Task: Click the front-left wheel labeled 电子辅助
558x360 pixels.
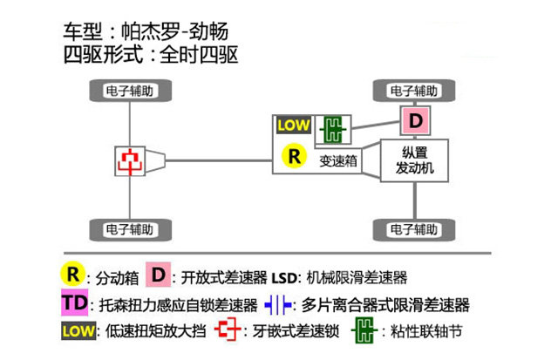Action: [x=131, y=90]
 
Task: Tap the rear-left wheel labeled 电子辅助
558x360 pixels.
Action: [x=131, y=229]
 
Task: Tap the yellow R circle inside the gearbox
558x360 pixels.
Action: [x=295, y=157]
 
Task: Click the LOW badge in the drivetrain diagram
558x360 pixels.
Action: [x=293, y=125]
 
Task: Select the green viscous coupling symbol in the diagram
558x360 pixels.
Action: [x=331, y=130]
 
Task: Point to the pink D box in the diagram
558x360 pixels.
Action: [x=416, y=120]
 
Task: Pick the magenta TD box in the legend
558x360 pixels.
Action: [x=75, y=304]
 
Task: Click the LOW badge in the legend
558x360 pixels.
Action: [x=78, y=331]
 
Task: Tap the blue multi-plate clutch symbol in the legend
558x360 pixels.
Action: [x=277, y=304]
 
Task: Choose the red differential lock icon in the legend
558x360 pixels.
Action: [x=228, y=331]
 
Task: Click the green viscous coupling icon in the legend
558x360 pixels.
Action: [x=365, y=331]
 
